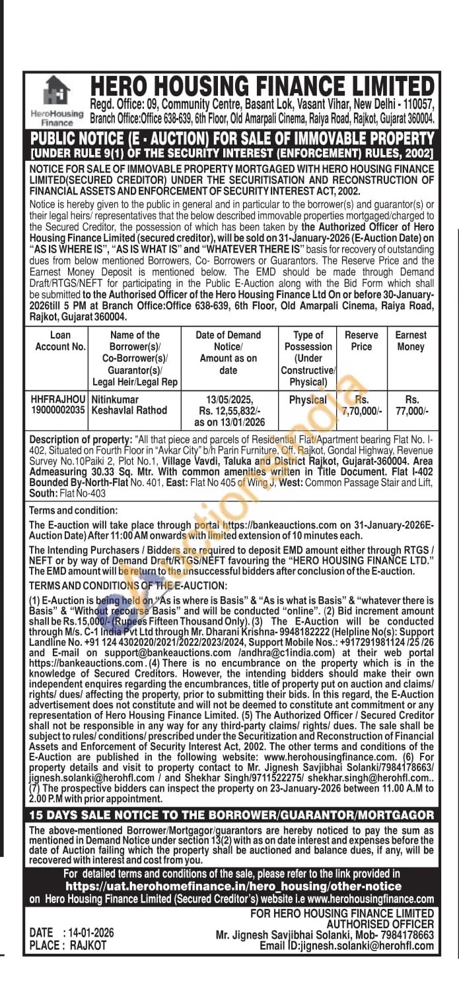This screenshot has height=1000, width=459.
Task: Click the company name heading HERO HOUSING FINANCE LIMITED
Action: point(262,86)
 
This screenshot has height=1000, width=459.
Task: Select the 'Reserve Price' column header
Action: point(361,341)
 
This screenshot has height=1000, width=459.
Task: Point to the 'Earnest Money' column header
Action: point(411,341)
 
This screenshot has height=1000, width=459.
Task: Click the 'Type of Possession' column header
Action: point(308,358)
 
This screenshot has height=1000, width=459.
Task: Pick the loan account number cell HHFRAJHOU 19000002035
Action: point(58,405)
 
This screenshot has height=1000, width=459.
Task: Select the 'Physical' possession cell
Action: point(308,400)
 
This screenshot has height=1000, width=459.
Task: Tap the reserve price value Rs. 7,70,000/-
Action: point(361,405)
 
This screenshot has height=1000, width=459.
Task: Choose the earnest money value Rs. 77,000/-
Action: point(411,405)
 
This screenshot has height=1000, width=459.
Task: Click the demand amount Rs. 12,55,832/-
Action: point(228,410)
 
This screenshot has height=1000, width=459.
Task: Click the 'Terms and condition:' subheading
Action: point(73,511)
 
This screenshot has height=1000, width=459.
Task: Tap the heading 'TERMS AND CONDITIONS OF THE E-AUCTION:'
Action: point(128,585)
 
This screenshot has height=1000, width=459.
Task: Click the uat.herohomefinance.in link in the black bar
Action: point(234,886)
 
